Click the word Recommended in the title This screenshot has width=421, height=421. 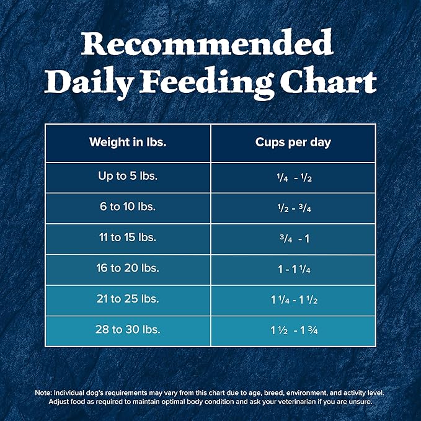coord(210,45)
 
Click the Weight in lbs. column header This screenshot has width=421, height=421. coord(128,142)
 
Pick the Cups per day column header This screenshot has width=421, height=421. coord(293,142)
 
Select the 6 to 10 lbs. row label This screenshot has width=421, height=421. coord(128,206)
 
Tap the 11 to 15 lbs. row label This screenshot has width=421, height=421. coord(128,237)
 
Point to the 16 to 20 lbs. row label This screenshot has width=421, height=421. coord(128,268)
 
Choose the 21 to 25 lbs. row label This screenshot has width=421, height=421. coord(128,299)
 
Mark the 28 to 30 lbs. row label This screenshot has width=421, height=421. coord(128,329)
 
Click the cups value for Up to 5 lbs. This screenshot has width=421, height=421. coord(293,177)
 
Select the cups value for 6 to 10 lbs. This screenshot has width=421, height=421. coord(293,208)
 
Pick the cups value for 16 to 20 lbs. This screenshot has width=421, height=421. coord(293,269)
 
